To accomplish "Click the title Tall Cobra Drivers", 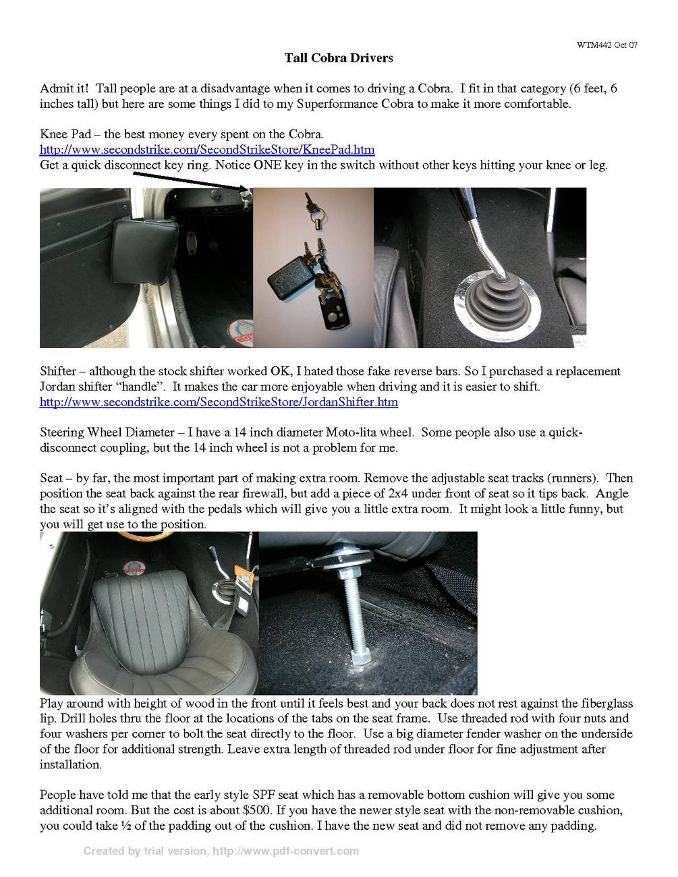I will tap(339, 58).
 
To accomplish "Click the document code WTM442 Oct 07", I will tap(606, 45).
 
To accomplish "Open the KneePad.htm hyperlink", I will tap(207, 150).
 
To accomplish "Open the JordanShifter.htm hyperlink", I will tap(219, 403).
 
